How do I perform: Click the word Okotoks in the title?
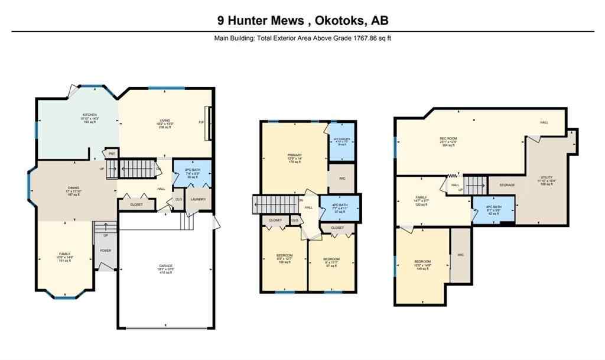[335, 21]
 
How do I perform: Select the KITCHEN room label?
[89, 115]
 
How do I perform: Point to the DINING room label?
[73, 189]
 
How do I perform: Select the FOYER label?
[105, 251]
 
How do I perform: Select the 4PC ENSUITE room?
[340, 140]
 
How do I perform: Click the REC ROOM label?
[448, 139]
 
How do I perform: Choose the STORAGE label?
[506, 185]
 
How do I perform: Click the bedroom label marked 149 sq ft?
[422, 261]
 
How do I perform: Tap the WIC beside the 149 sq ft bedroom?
[460, 255]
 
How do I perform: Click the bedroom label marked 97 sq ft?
[331, 260]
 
